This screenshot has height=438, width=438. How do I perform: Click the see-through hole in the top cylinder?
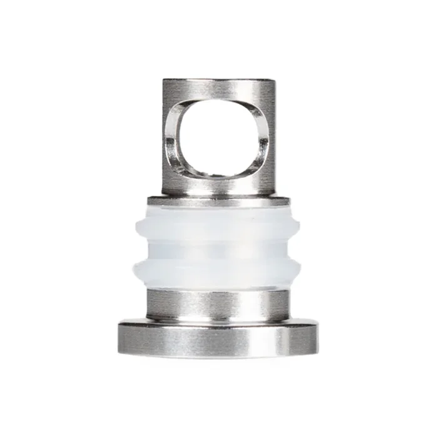[x=218, y=138]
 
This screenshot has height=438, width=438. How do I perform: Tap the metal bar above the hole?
[x=218, y=89]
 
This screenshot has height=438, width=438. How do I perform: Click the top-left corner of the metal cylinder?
[x=164, y=81]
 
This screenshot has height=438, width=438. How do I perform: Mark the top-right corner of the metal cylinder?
[x=273, y=81]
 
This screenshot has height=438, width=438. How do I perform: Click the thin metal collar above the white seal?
[x=218, y=201]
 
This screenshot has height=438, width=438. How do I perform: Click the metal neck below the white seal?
[x=218, y=303]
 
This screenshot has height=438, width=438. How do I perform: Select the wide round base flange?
[x=218, y=338]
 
